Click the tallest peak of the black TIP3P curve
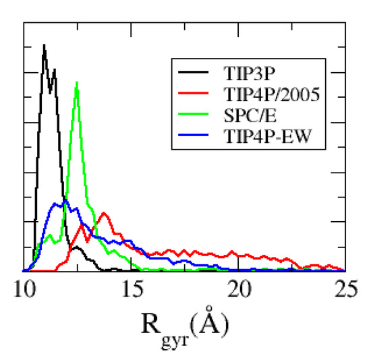pyautogui.click(x=44, y=45)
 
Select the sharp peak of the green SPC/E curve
pyautogui.click(x=78, y=82)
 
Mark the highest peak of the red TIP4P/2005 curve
pyautogui.click(x=104, y=213)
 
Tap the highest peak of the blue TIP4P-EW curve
pyautogui.click(x=66, y=200)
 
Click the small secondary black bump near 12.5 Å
pyautogui.click(x=77, y=247)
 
